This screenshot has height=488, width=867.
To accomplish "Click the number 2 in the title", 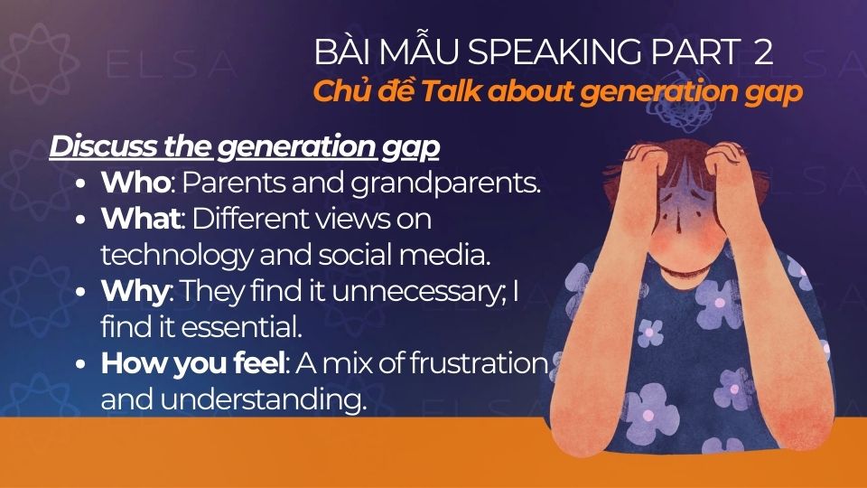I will pyautogui.click(x=763, y=52).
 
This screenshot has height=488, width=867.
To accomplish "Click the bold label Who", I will pyautogui.click(x=135, y=183).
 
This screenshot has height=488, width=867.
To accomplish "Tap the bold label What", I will pyautogui.click(x=141, y=220).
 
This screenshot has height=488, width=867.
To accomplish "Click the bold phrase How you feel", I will pyautogui.click(x=193, y=364).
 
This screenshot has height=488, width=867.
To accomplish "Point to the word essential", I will pyautogui.click(x=194, y=327).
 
